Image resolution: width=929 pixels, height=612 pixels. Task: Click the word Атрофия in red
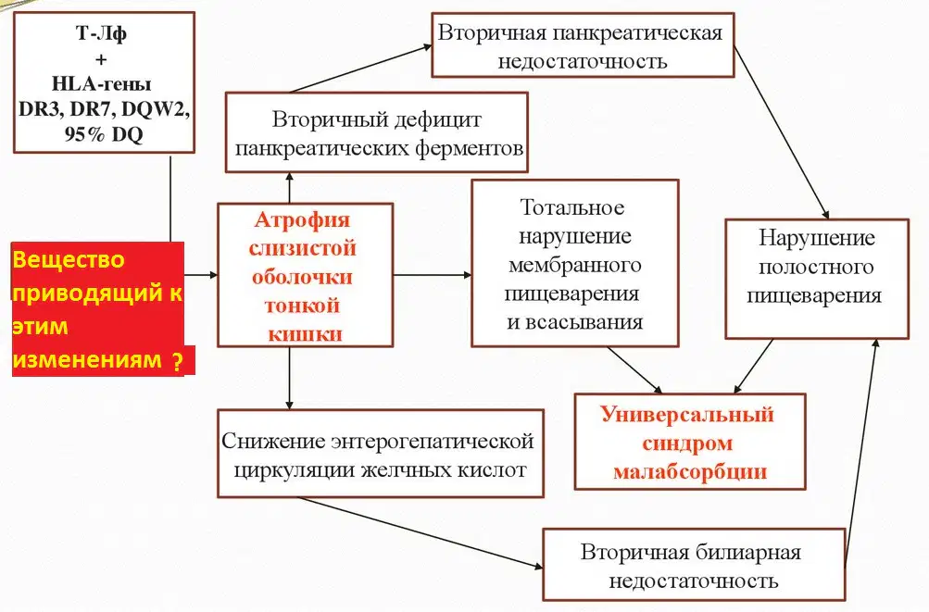(302, 220)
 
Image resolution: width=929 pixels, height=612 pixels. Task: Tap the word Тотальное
(571, 207)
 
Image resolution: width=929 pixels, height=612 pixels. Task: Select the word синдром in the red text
(687, 443)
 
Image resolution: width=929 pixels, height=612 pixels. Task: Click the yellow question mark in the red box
(177, 361)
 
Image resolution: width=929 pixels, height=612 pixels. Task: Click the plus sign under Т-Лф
(101, 59)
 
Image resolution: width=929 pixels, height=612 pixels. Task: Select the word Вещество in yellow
(69, 259)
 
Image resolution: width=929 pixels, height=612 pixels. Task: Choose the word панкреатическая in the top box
(637, 33)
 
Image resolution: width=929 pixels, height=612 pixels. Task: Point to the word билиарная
(748, 552)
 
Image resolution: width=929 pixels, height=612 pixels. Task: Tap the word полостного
(816, 267)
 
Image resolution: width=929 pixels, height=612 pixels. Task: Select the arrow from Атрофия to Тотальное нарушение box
(433, 275)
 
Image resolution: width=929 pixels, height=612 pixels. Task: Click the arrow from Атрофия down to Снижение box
(289, 378)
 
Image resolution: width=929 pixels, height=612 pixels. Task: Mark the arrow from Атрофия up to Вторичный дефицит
(289, 188)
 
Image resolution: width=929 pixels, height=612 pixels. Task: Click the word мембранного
(574, 265)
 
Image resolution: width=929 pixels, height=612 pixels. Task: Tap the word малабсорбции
(690, 472)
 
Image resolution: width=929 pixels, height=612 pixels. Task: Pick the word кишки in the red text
(305, 335)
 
